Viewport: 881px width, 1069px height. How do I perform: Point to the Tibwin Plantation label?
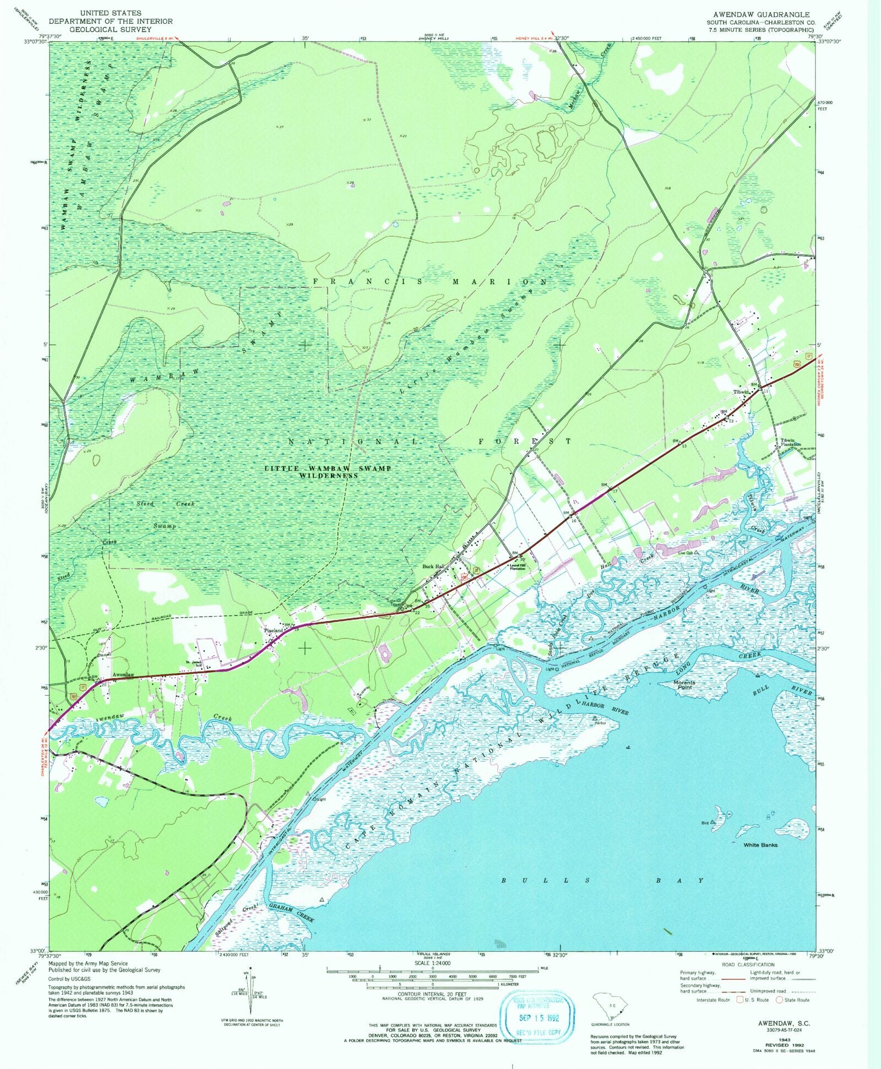click(790, 442)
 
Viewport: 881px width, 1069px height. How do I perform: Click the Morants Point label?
click(684, 685)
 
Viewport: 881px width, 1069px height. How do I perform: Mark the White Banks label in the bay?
click(760, 844)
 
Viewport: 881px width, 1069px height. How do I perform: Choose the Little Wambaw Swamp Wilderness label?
click(328, 472)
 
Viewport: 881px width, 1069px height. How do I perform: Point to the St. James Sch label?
click(193, 663)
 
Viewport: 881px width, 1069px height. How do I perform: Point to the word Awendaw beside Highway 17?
click(123, 674)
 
